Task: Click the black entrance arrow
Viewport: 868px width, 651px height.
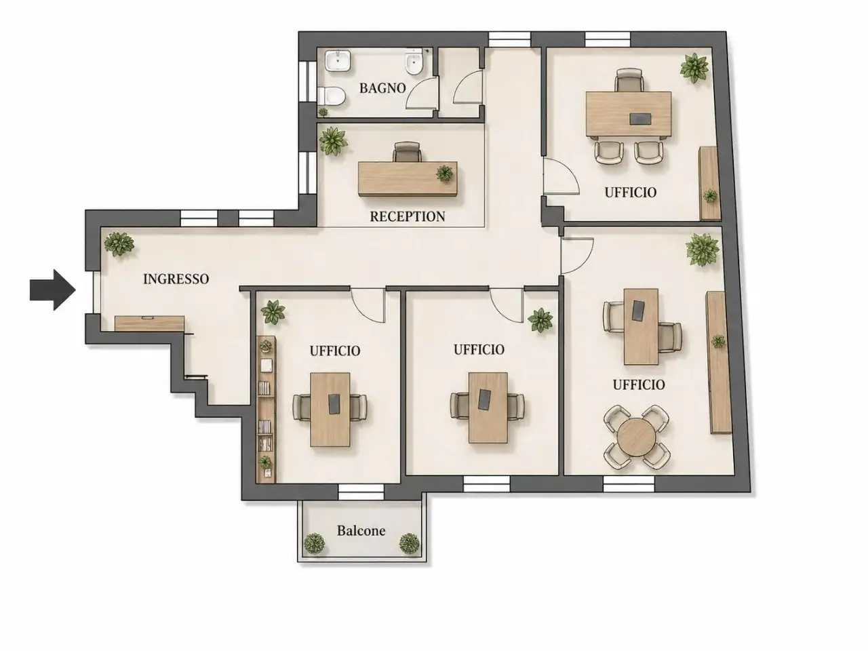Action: (x=53, y=290)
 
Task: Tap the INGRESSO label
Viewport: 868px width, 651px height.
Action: (x=176, y=279)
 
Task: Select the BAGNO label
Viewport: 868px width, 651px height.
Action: (x=382, y=88)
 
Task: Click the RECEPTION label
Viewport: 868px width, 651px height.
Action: (x=408, y=216)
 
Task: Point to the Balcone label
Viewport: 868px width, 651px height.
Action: (x=361, y=530)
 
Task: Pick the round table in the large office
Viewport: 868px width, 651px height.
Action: (x=636, y=437)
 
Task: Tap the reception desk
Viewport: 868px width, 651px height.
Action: (x=408, y=178)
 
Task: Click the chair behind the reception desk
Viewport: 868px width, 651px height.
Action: (x=407, y=152)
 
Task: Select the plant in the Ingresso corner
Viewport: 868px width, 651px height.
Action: (x=119, y=244)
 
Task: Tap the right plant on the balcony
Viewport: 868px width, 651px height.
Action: (x=409, y=543)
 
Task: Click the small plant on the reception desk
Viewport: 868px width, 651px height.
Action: (x=445, y=173)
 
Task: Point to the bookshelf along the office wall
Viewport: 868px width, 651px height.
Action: (x=266, y=410)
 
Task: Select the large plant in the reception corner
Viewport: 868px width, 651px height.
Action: (x=334, y=141)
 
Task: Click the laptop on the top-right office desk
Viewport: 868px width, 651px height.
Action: (x=641, y=118)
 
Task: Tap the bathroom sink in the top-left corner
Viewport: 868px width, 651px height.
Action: (x=338, y=61)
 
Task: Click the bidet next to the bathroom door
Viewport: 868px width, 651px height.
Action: (x=414, y=62)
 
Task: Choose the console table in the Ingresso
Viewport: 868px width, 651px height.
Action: (x=149, y=323)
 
